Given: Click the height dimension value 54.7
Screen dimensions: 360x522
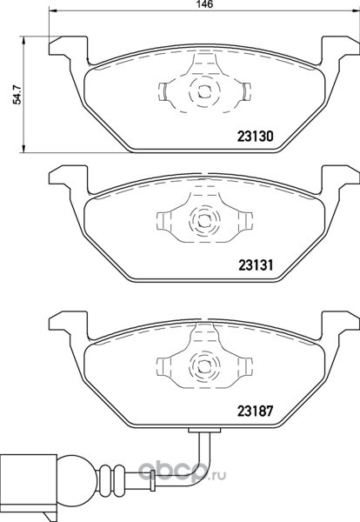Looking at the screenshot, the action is pyautogui.click(x=17, y=95).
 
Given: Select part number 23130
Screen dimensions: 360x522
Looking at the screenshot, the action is pyautogui.click(x=255, y=136).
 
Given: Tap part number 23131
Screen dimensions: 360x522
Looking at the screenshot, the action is pyautogui.click(x=255, y=265).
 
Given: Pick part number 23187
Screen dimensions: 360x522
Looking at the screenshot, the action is pyautogui.click(x=255, y=412).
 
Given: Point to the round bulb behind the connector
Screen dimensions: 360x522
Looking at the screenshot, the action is pyautogui.click(x=77, y=476).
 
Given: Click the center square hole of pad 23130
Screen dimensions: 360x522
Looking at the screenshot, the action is pyautogui.click(x=204, y=90).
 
